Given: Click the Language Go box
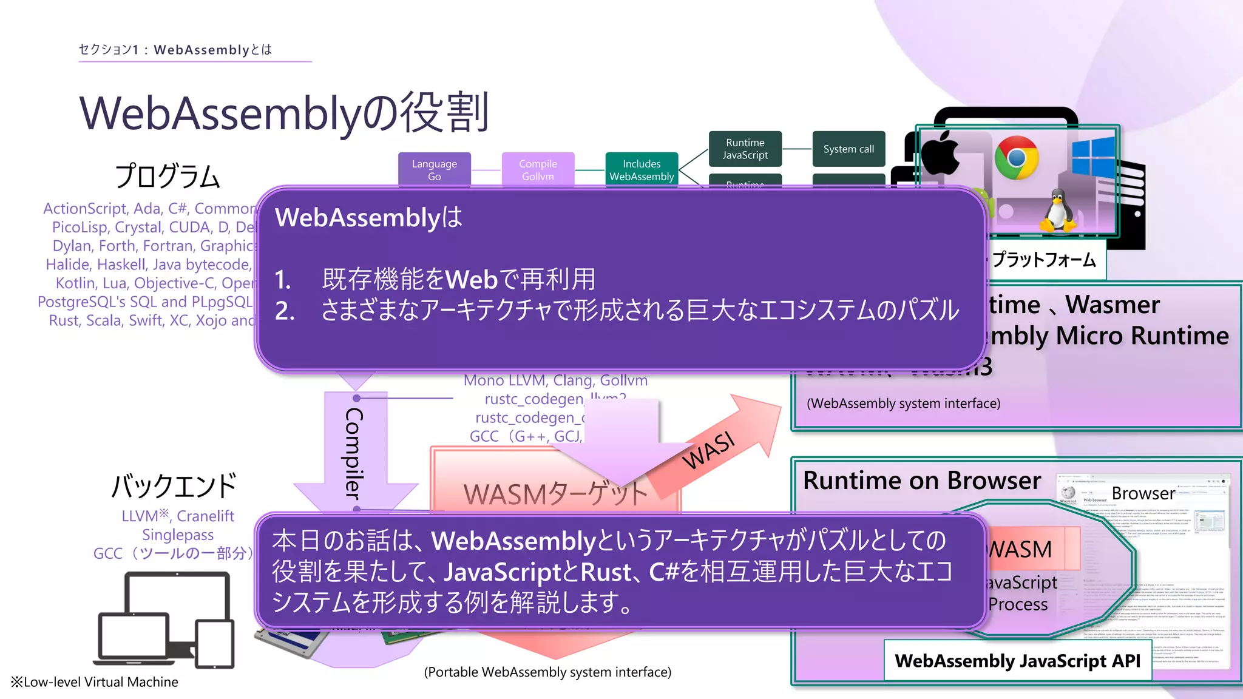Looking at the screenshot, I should pos(434,169).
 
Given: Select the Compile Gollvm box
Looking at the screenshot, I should pos(538,169).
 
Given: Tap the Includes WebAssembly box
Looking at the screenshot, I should pos(642,169).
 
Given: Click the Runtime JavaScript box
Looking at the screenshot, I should pos(745,149).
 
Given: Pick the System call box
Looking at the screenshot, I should pos(848,149).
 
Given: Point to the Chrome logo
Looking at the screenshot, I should pos(1016,157).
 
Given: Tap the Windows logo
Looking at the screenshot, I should pos(1093,157).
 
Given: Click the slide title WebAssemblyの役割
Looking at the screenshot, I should pos(283,113).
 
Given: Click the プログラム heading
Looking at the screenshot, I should pos(168,177).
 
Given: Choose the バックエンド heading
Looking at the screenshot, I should pos(174,485).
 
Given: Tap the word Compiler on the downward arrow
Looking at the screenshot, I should pos(354,453).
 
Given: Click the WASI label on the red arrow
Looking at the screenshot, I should pos(708,450).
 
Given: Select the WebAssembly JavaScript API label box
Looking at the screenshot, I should pos(1017,660).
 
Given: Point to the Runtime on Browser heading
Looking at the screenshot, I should pos(921,481).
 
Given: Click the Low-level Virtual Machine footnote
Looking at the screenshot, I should pos(95,682).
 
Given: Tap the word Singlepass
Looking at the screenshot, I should pos(178,535).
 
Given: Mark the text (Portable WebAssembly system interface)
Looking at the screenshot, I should pos(547,672).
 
